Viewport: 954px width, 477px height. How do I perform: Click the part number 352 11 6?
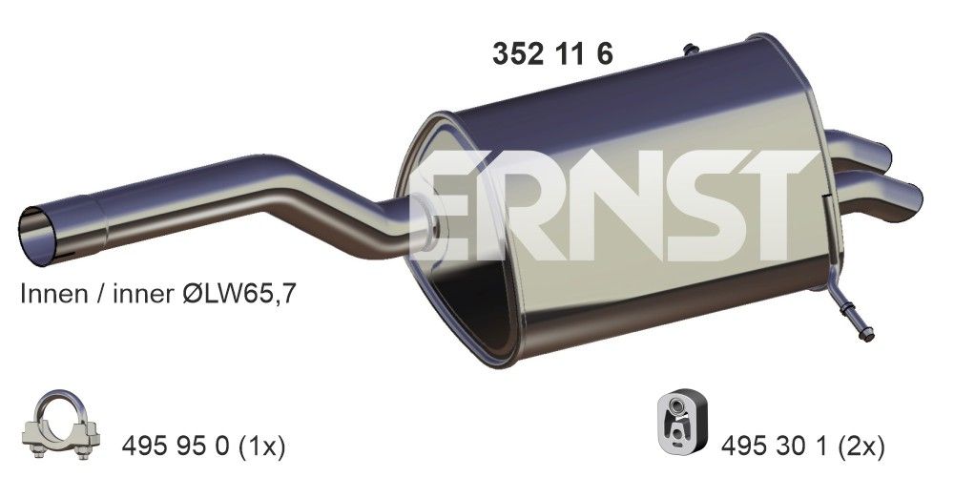click(551, 54)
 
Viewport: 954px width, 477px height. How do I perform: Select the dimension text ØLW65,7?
click(243, 296)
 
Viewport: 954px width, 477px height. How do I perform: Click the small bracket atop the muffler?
click(689, 48)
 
